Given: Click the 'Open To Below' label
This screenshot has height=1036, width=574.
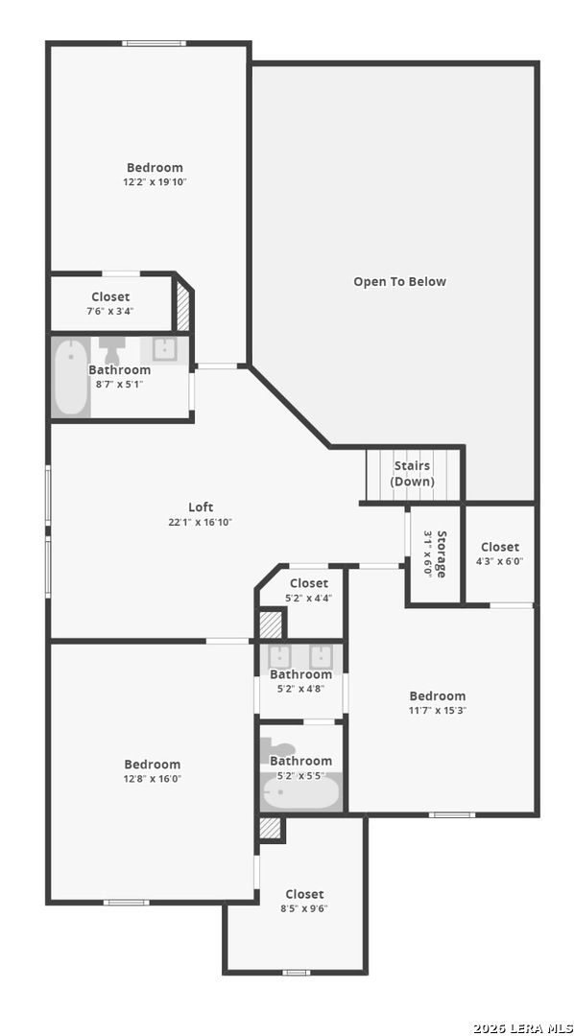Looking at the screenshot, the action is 399,281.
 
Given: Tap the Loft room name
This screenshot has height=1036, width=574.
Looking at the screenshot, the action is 201,506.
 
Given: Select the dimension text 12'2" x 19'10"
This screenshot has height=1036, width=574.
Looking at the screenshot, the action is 155,181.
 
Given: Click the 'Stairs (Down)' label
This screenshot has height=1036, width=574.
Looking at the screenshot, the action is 412,473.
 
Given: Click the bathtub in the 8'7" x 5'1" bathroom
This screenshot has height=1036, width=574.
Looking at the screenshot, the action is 71,377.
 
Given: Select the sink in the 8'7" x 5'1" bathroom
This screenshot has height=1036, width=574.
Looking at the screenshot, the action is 163,349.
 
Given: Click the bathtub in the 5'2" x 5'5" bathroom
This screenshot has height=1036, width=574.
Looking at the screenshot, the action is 300,793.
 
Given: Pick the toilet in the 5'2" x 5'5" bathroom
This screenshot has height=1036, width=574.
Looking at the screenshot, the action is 277,750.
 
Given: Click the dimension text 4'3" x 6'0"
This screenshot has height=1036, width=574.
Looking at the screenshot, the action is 500,561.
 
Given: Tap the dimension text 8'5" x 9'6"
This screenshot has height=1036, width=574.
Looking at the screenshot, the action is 304,907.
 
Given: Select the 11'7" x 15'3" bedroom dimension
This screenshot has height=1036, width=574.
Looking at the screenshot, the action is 438,710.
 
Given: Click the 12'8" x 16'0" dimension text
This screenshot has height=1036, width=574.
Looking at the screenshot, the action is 153,778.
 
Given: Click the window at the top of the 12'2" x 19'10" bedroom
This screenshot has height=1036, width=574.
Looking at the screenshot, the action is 155,43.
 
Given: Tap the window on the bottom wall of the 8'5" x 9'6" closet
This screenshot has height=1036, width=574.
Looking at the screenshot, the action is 297,972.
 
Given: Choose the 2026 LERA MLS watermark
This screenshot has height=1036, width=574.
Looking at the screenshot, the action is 523,1028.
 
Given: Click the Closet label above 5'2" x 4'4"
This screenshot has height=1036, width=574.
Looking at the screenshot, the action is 309,583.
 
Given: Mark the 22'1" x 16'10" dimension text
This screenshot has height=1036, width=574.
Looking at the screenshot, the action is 201,522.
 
